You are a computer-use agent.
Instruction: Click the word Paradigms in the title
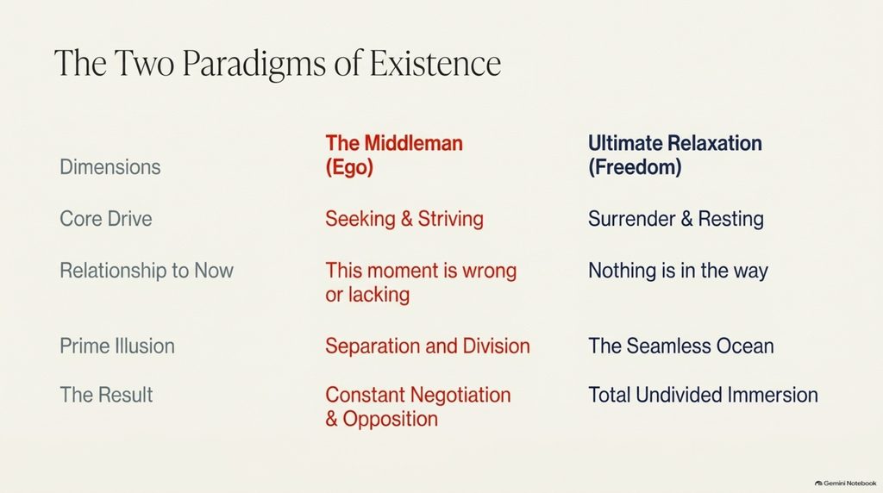click(254, 64)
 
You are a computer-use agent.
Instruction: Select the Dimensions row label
click(110, 167)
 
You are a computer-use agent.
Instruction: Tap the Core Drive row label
click(106, 218)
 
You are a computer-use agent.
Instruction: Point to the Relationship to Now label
click(147, 270)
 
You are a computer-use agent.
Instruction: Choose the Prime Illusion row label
click(117, 346)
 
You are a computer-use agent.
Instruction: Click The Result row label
click(106, 395)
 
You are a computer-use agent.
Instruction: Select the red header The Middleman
click(393, 143)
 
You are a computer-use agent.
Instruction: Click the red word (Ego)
click(349, 167)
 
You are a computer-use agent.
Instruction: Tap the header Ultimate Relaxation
click(674, 143)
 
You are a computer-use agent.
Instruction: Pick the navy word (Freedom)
click(635, 167)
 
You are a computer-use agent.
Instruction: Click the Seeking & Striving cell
click(404, 219)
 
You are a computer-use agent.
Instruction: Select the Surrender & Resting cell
click(676, 219)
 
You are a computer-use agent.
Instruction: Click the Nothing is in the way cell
click(678, 271)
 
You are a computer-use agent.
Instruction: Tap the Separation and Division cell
click(428, 346)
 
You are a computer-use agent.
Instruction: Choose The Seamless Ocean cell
click(681, 346)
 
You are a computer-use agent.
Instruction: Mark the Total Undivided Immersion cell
click(703, 395)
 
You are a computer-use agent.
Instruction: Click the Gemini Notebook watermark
click(846, 483)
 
